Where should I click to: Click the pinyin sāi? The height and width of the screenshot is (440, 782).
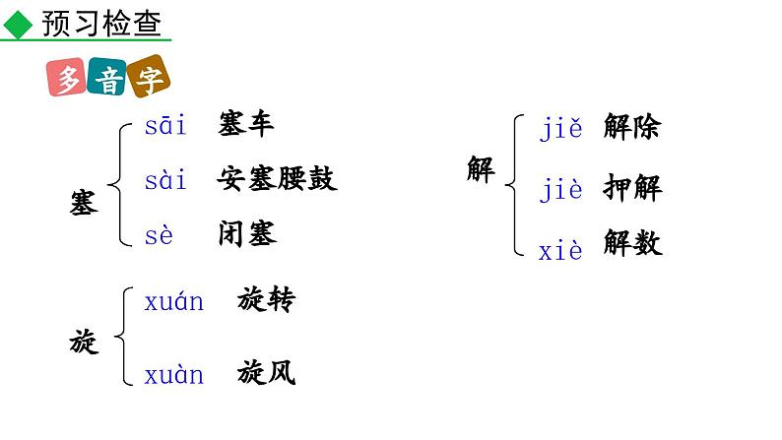[x=165, y=126]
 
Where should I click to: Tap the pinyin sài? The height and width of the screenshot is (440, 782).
[x=165, y=180]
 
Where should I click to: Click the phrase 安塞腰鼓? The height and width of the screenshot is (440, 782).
[x=277, y=179]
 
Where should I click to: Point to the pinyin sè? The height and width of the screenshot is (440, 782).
[x=159, y=234]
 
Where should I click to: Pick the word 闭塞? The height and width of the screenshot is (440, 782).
[x=247, y=233]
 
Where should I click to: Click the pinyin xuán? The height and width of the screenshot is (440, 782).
[x=174, y=301]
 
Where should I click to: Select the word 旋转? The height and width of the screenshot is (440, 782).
[x=266, y=300]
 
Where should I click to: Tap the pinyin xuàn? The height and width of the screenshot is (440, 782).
[x=174, y=374]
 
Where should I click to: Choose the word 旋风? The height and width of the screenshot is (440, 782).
[x=266, y=373]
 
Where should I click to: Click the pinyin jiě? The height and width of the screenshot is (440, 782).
[x=561, y=128]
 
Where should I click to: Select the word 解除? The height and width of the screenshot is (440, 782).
[x=631, y=128]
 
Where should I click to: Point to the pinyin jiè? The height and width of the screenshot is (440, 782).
[x=561, y=189]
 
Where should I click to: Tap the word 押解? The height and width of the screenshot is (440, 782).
[x=631, y=188]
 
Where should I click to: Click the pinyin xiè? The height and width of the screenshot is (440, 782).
[x=560, y=250]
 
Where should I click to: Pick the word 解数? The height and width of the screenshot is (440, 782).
[x=631, y=244]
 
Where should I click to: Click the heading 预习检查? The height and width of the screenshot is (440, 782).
[x=100, y=24]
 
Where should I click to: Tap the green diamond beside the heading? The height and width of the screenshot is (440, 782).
[x=19, y=26]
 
